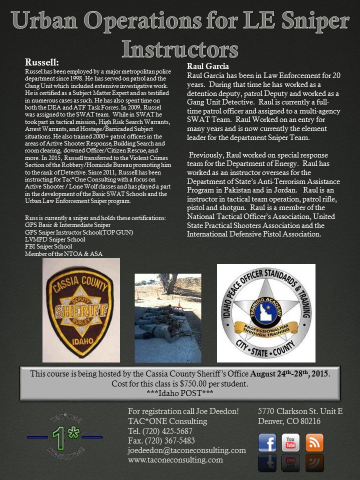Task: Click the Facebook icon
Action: click(267, 443)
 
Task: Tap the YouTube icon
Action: click(290, 443)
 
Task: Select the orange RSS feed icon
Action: click(314, 443)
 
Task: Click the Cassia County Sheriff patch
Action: click(81, 310)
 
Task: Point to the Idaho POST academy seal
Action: click(266, 313)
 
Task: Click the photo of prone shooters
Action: click(168, 318)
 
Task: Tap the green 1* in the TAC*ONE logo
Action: click(64, 436)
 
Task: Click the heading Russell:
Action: click(42, 63)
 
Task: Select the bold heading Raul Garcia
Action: click(208, 66)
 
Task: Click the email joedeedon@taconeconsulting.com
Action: click(187, 450)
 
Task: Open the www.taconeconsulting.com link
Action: click(175, 460)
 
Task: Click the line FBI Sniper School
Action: click(48, 246)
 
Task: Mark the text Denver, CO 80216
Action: click(289, 421)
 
